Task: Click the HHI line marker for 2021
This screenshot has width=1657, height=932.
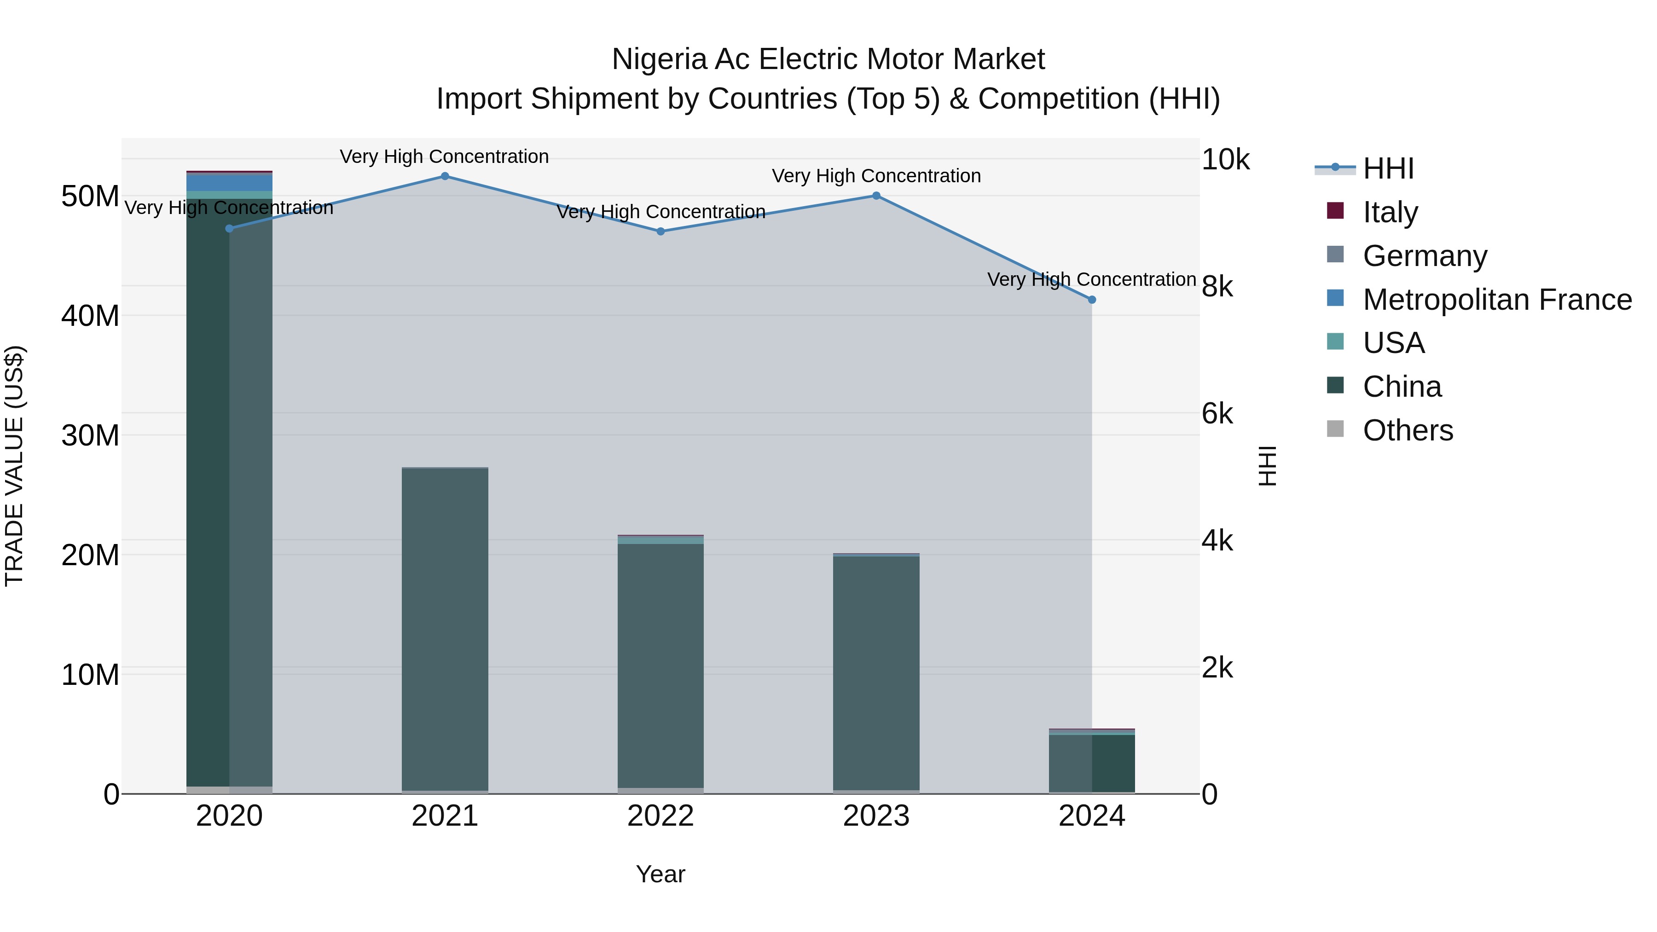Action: pyautogui.click(x=445, y=176)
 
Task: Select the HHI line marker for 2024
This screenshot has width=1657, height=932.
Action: pyautogui.click(x=1092, y=300)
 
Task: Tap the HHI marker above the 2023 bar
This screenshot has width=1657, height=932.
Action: pyautogui.click(x=876, y=196)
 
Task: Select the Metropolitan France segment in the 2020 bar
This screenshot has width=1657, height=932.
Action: pyautogui.click(x=230, y=183)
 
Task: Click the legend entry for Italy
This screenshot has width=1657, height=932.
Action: pyautogui.click(x=1390, y=212)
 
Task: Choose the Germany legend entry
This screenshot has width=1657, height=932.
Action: pyautogui.click(x=1424, y=256)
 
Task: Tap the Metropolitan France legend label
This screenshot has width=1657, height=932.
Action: pyautogui.click(x=1497, y=300)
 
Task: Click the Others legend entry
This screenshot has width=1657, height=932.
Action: pyautogui.click(x=1408, y=430)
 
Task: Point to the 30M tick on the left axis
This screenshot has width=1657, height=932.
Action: pyautogui.click(x=90, y=435)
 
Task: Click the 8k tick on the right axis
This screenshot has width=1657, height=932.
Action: pyautogui.click(x=1217, y=286)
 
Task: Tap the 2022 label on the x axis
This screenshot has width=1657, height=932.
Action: pyautogui.click(x=660, y=816)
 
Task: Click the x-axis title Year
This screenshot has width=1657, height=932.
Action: pyautogui.click(x=660, y=874)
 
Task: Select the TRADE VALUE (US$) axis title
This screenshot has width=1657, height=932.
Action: pyautogui.click(x=14, y=466)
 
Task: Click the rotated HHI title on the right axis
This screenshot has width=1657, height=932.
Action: pyautogui.click(x=1267, y=466)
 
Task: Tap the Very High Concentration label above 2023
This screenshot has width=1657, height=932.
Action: pyautogui.click(x=876, y=176)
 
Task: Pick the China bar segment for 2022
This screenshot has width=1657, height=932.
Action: pyautogui.click(x=660, y=666)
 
